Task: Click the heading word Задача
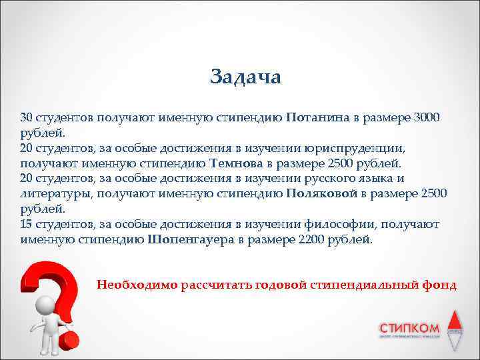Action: click(x=245, y=77)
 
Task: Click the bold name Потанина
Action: click(x=317, y=118)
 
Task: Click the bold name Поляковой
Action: click(x=321, y=193)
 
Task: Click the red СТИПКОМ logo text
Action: click(x=409, y=328)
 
